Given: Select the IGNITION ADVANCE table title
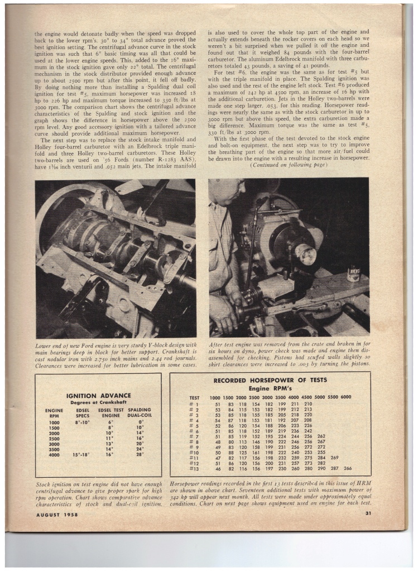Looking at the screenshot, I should (98, 395).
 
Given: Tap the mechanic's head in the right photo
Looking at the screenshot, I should (227, 190).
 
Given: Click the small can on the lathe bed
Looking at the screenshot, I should (353, 274).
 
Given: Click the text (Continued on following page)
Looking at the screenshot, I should (290, 165).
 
